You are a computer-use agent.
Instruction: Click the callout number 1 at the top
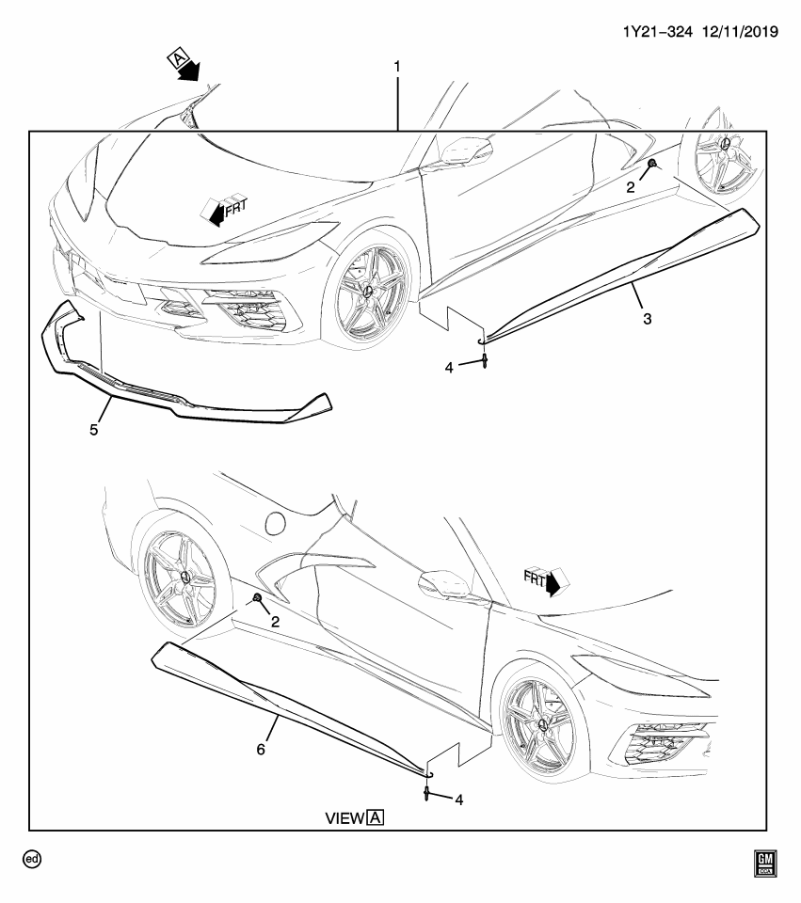pos(397,67)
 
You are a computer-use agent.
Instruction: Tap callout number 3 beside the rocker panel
pos(648,319)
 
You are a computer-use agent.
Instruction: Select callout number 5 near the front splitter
pos(93,430)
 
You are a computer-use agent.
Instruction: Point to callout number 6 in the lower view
pos(262,749)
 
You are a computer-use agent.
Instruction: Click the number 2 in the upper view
pos(632,186)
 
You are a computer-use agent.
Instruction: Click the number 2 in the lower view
pos(275,622)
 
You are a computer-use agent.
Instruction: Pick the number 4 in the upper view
pos(449,367)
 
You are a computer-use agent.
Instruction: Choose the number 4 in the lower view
pos(458,800)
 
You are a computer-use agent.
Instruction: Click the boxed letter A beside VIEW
pos(376,817)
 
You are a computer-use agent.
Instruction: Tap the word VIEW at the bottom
pos(344,818)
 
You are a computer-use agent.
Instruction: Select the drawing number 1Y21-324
pos(659,31)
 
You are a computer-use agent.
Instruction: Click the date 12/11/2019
pos(740,31)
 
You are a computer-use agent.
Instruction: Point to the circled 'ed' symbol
pos(33,859)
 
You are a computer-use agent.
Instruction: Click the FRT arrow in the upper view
pos(220,209)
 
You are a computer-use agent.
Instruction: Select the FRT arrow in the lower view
pos(543,581)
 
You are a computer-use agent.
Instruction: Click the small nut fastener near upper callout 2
pos(651,166)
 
